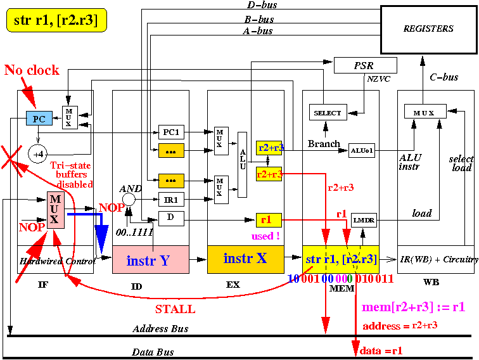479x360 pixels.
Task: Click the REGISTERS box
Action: (428, 29)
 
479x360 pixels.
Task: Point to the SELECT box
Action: (328, 113)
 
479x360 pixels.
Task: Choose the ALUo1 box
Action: (362, 150)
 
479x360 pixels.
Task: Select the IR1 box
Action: (171, 199)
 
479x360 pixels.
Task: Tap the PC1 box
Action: (171, 132)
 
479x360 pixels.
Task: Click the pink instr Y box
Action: (150, 260)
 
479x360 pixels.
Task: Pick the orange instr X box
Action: (245, 259)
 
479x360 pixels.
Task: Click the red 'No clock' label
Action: (32, 70)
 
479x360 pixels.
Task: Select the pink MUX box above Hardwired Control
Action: (54, 210)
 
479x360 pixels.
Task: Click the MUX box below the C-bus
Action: (424, 113)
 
